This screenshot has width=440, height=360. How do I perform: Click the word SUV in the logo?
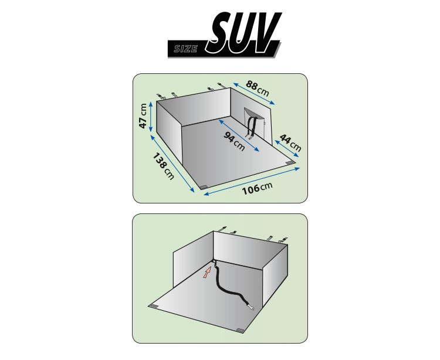click(x=243, y=32)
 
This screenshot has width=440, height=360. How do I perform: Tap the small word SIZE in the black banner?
click(x=185, y=49)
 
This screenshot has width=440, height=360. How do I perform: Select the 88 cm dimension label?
click(x=258, y=88)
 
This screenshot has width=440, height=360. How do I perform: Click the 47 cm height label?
click(x=143, y=116)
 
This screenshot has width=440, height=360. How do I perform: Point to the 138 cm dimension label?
click(x=163, y=166)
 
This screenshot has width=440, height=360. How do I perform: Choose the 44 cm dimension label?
click(x=290, y=142)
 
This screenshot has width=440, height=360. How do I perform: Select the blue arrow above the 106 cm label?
click(x=252, y=181)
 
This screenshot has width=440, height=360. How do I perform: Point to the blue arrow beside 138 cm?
click(x=172, y=164)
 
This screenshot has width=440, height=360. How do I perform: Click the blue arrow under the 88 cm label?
click(x=253, y=94)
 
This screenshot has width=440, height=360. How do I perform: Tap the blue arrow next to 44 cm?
click(x=286, y=148)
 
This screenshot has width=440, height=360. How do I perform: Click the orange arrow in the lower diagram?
click(x=207, y=273)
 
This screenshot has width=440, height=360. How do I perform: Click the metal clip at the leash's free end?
click(x=251, y=308)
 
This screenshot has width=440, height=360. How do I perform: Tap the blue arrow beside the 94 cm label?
click(x=239, y=135)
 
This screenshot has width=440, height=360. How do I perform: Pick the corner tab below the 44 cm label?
click(x=290, y=163)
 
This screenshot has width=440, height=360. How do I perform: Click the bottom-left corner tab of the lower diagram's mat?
click(x=155, y=305)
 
